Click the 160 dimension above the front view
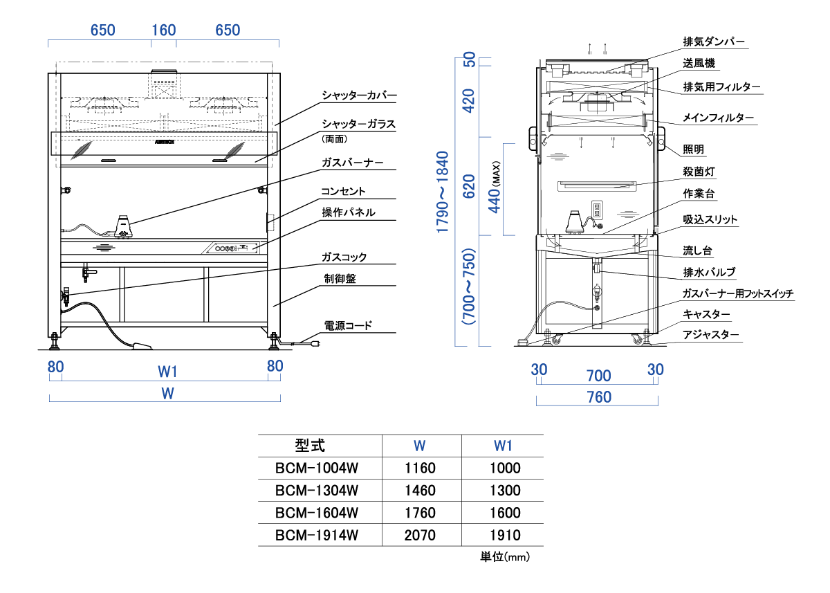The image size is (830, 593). point(164,30)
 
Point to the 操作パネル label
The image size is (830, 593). point(348,212)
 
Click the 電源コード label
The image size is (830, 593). point(348,325)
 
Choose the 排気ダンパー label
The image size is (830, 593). point(714,42)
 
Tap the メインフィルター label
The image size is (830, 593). point(718,118)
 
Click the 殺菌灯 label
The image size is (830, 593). point(699,170)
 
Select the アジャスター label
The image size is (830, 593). point(711,336)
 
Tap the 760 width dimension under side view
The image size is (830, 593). point(598,397)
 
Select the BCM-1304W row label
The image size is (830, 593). point(317,491)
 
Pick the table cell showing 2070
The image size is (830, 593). point(420,535)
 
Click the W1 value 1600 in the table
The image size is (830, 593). point(505,513)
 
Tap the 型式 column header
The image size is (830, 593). point(309,445)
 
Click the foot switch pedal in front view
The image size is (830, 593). point(142,346)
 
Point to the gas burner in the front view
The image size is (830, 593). point(124,226)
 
